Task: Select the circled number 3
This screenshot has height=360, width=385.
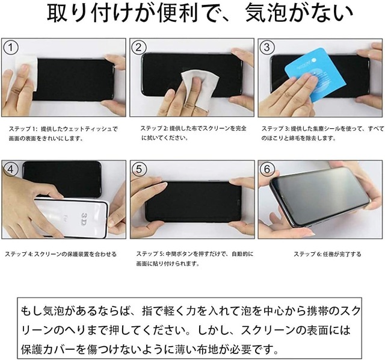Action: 266,47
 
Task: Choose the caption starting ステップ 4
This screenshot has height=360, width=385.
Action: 58,254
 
